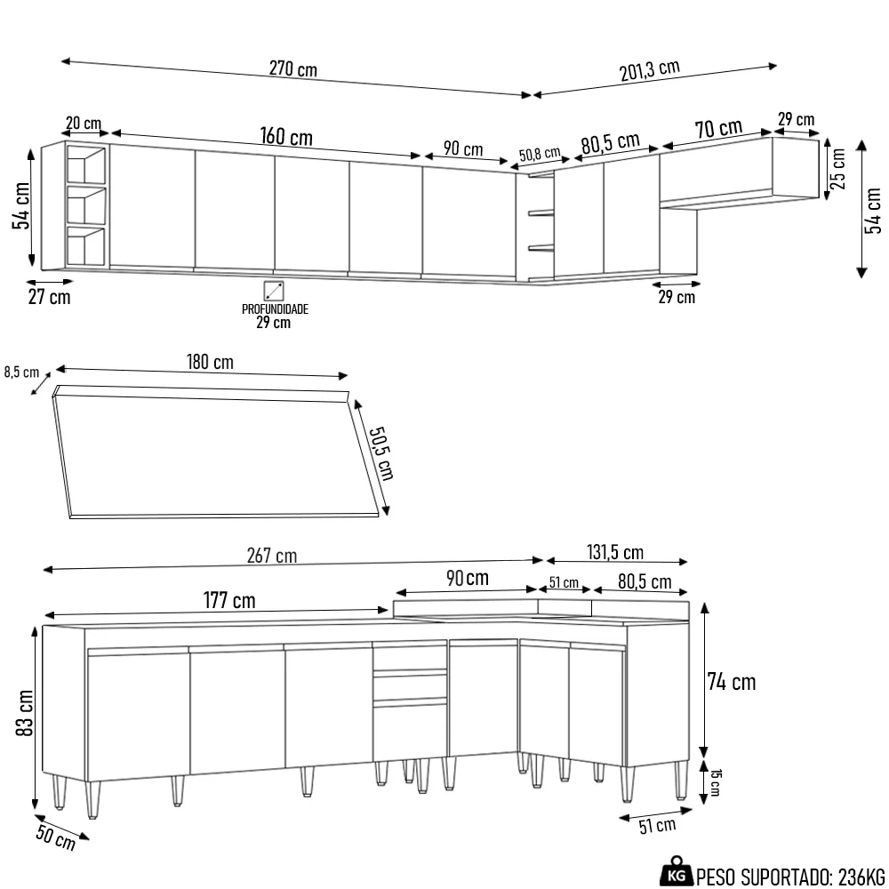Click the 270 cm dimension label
click(292, 69)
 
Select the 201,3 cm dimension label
click(649, 71)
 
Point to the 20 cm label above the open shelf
click(83, 123)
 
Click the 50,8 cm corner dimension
click(539, 154)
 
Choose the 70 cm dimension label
click(718, 130)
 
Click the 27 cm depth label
click(49, 297)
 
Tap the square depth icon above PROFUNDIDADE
click(274, 291)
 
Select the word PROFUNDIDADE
click(275, 309)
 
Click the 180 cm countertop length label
click(210, 362)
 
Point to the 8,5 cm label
click(22, 372)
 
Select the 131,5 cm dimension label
click(614, 553)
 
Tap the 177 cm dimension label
click(230, 601)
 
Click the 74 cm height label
click(732, 682)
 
